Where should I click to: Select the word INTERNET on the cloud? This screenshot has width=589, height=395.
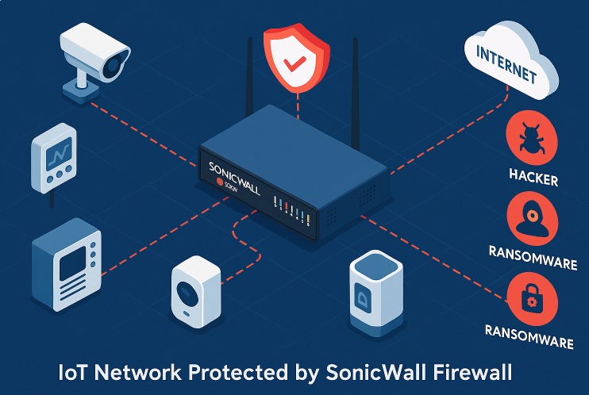pyautogui.click(x=505, y=66)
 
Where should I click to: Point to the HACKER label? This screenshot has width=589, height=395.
pyautogui.click(x=532, y=180)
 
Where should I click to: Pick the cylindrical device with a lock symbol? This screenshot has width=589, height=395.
pyautogui.click(x=371, y=290)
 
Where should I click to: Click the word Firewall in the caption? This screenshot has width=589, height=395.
pyautogui.click(x=472, y=372)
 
